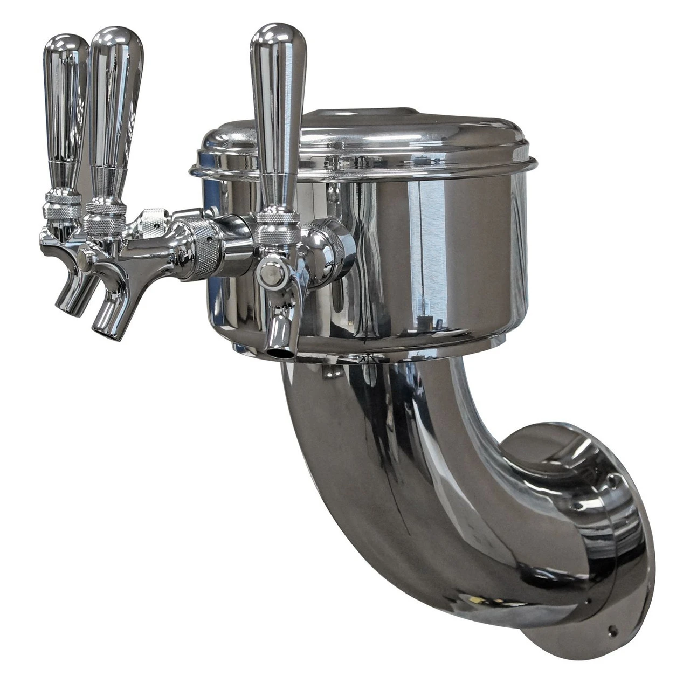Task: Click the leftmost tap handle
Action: point(64,108)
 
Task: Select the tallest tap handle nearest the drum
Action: point(278,113)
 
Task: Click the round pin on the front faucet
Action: point(271,275)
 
